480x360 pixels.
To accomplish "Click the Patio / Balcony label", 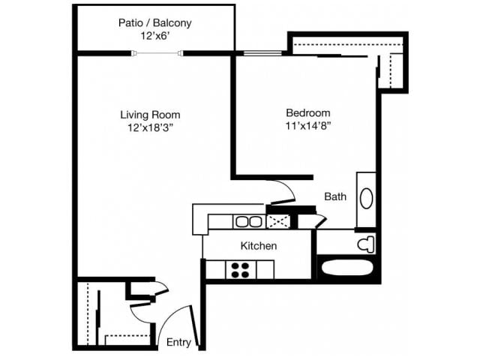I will pos(154,22).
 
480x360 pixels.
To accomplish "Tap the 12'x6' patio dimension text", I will pos(154,35).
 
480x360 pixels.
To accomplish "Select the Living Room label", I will pos(150,114).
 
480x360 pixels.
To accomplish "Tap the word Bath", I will pos(335,197).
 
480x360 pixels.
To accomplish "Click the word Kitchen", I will pos(259,246).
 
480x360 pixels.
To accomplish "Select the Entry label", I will pos(178,343).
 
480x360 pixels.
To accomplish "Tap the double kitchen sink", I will pos(247,221).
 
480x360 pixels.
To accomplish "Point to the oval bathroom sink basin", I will pos(367,198).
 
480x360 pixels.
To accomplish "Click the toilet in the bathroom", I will pos(364,243).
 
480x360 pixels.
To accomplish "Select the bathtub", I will pos(347,268).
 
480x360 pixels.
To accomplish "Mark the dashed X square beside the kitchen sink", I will pos(278,221).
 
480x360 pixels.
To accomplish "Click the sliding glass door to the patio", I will pos(157,52).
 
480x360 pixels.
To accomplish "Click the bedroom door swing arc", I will pos(281,192).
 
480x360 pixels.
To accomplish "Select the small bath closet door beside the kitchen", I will pos(320,220).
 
